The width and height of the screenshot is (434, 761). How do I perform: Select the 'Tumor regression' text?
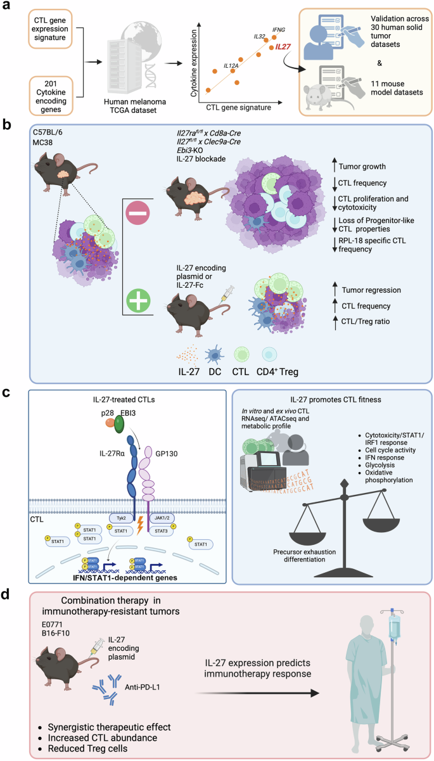(x=358, y=289)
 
